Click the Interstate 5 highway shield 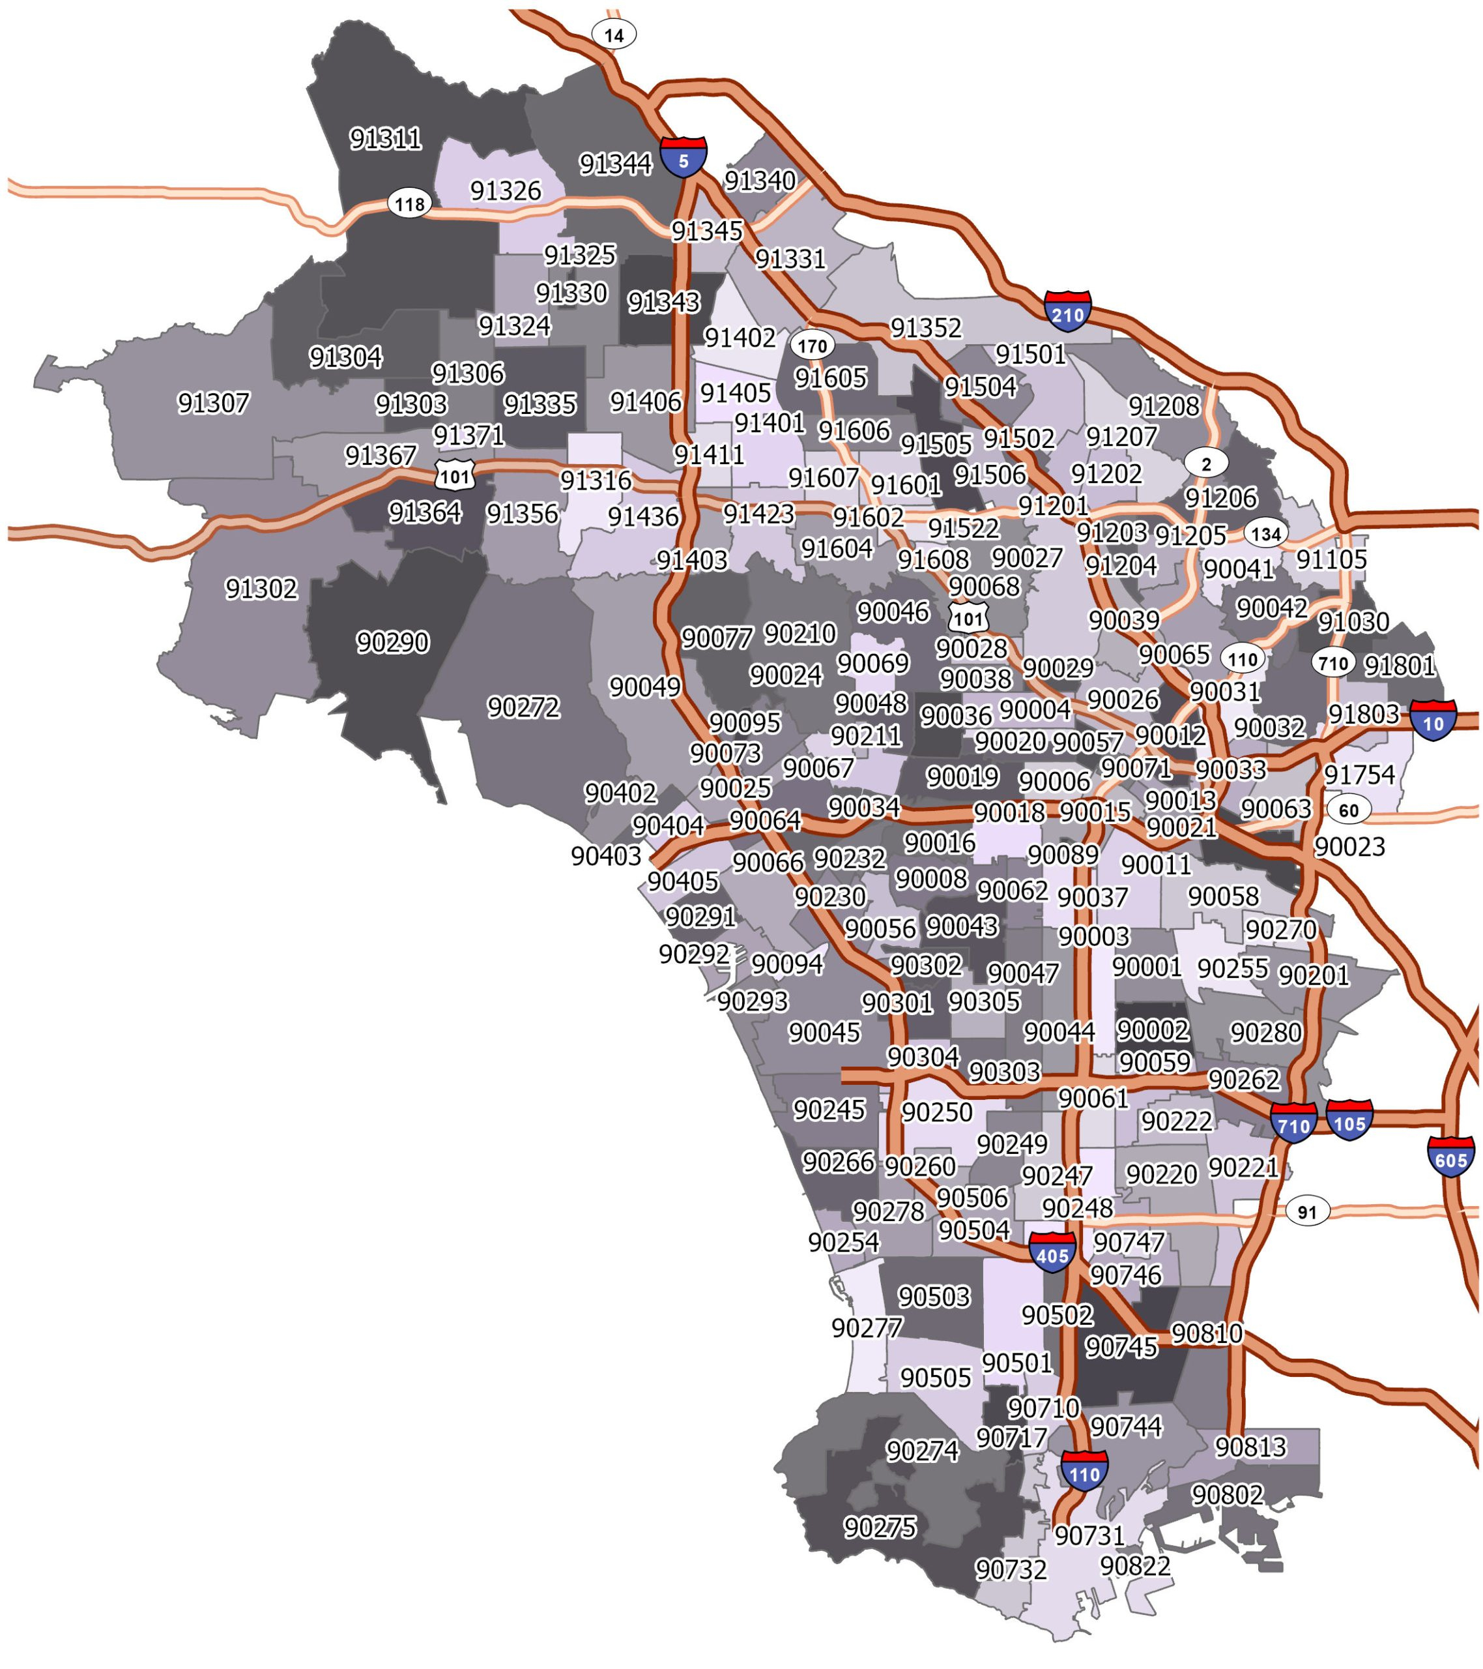point(683,158)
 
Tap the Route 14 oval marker point(614,35)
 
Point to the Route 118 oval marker point(409,203)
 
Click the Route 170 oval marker point(811,346)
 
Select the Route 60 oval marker point(1348,810)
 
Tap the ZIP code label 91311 point(385,139)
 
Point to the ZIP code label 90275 point(880,1527)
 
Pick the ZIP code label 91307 point(213,402)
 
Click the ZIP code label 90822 point(1134,1565)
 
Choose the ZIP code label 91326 point(505,190)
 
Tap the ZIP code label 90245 point(828,1110)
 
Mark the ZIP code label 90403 point(605,856)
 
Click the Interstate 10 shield point(1432,721)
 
